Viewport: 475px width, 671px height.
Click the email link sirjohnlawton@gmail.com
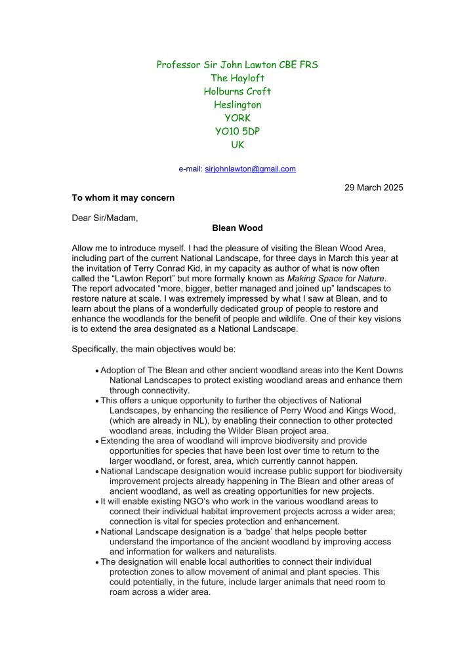[250, 169]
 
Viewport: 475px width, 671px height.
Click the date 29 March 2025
[374, 188]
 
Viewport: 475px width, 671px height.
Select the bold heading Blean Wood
[237, 228]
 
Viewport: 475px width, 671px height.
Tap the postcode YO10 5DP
[237, 131]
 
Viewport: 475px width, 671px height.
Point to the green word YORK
[237, 118]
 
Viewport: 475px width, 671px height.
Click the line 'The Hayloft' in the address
[237, 78]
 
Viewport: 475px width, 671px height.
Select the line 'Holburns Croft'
[237, 91]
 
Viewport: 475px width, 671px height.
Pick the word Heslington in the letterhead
[237, 105]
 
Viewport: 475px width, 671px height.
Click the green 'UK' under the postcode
[237, 145]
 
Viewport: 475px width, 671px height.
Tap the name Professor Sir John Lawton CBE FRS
[237, 64]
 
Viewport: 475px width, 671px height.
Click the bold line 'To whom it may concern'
[123, 197]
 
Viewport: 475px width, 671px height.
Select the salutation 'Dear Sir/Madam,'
[105, 218]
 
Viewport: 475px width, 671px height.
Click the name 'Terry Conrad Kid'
[212, 258]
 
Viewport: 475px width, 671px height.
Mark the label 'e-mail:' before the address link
[191, 169]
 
